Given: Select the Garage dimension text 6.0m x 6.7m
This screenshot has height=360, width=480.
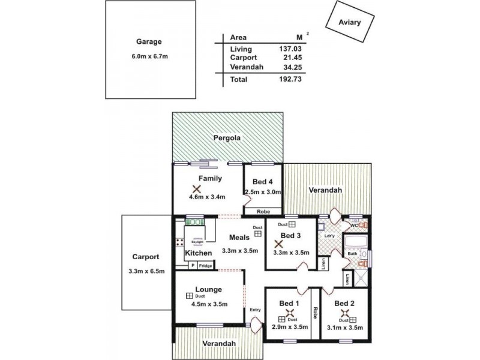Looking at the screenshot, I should point(149,56).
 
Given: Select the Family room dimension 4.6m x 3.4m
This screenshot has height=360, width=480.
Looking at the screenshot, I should point(206,196).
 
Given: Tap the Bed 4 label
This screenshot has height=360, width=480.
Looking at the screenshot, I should point(262,181).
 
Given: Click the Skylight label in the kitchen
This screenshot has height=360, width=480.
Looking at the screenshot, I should point(198,241).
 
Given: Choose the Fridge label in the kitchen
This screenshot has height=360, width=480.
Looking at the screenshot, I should point(206,265).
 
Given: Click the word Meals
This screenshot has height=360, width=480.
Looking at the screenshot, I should point(231,237).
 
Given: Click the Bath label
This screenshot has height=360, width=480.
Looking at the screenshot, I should point(352,254).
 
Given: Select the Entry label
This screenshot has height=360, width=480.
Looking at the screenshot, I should point(255,310).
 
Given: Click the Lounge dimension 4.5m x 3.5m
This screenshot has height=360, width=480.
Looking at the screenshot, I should point(209,304).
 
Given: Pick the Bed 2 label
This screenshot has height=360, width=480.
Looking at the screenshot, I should point(344,303).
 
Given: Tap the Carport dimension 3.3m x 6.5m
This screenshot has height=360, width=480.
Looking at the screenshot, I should point(145,271).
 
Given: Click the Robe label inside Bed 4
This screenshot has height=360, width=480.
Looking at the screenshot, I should point(263,211).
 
